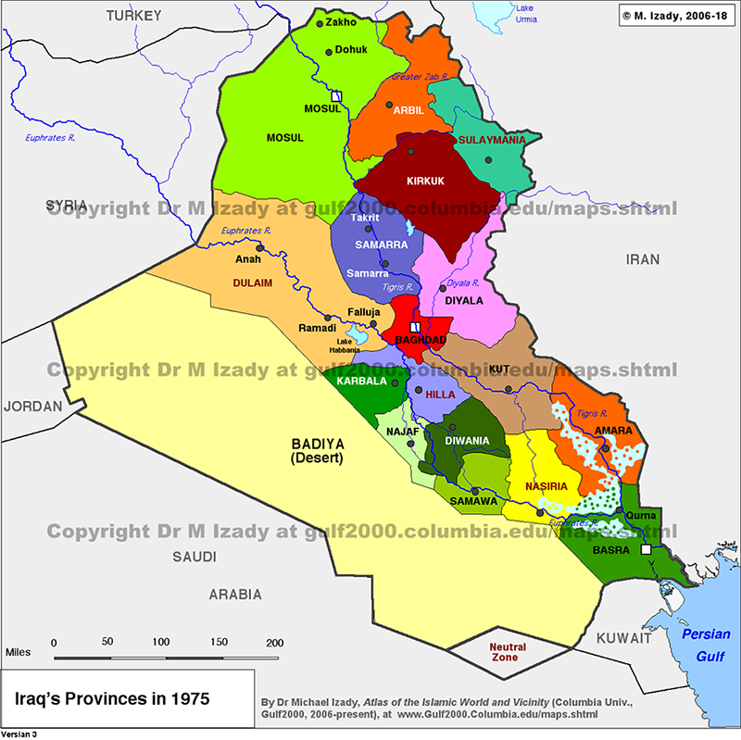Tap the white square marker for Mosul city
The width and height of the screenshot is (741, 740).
click(x=337, y=95)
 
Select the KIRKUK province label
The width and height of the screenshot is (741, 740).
click(x=426, y=182)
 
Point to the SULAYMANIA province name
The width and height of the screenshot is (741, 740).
click(x=492, y=140)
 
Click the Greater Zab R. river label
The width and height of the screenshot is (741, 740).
click(x=421, y=78)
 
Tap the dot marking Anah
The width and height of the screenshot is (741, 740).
click(x=259, y=247)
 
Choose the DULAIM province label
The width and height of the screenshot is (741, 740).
click(x=252, y=283)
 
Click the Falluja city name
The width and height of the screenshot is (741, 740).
click(x=364, y=312)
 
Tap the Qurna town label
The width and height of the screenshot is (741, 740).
click(x=641, y=515)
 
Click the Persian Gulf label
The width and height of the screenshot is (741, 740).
click(x=706, y=643)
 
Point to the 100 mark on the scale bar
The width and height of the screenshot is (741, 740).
click(x=161, y=643)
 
